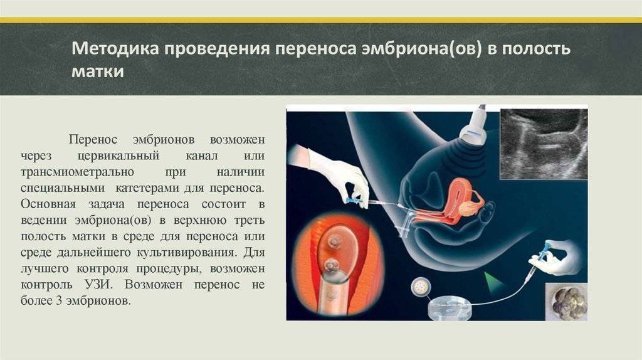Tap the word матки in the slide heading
[98, 71]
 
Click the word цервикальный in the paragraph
[118, 156]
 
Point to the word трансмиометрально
[77, 172]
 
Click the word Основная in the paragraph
[48, 204]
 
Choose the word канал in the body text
[201, 156]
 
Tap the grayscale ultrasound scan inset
[544, 144]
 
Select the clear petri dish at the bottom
[449, 308]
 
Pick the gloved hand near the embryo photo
[557, 258]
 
